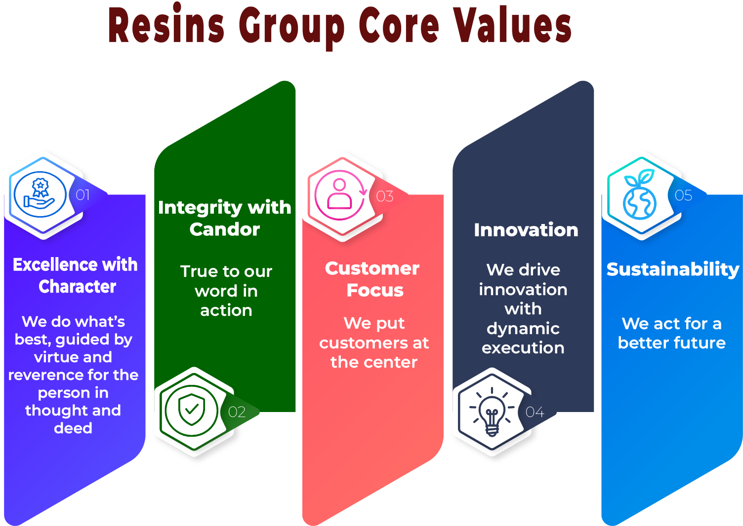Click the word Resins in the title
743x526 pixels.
(x=166, y=26)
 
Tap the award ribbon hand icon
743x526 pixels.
(x=40, y=194)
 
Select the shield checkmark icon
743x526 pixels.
(x=192, y=410)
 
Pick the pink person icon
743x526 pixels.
(x=340, y=195)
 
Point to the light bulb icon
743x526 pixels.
(x=492, y=413)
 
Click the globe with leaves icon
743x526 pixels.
(x=640, y=195)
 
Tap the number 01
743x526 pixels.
(x=83, y=195)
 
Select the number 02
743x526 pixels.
(x=237, y=412)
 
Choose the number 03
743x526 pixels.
(x=385, y=196)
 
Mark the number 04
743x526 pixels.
(x=535, y=412)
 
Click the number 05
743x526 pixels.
(x=683, y=195)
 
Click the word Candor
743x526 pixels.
(x=225, y=229)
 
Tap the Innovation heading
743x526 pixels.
(x=526, y=230)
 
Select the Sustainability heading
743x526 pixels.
(x=672, y=269)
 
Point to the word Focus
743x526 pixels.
(x=375, y=290)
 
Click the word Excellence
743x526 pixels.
(x=48, y=265)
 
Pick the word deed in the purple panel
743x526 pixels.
(x=73, y=428)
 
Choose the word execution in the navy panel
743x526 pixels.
(x=523, y=348)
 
